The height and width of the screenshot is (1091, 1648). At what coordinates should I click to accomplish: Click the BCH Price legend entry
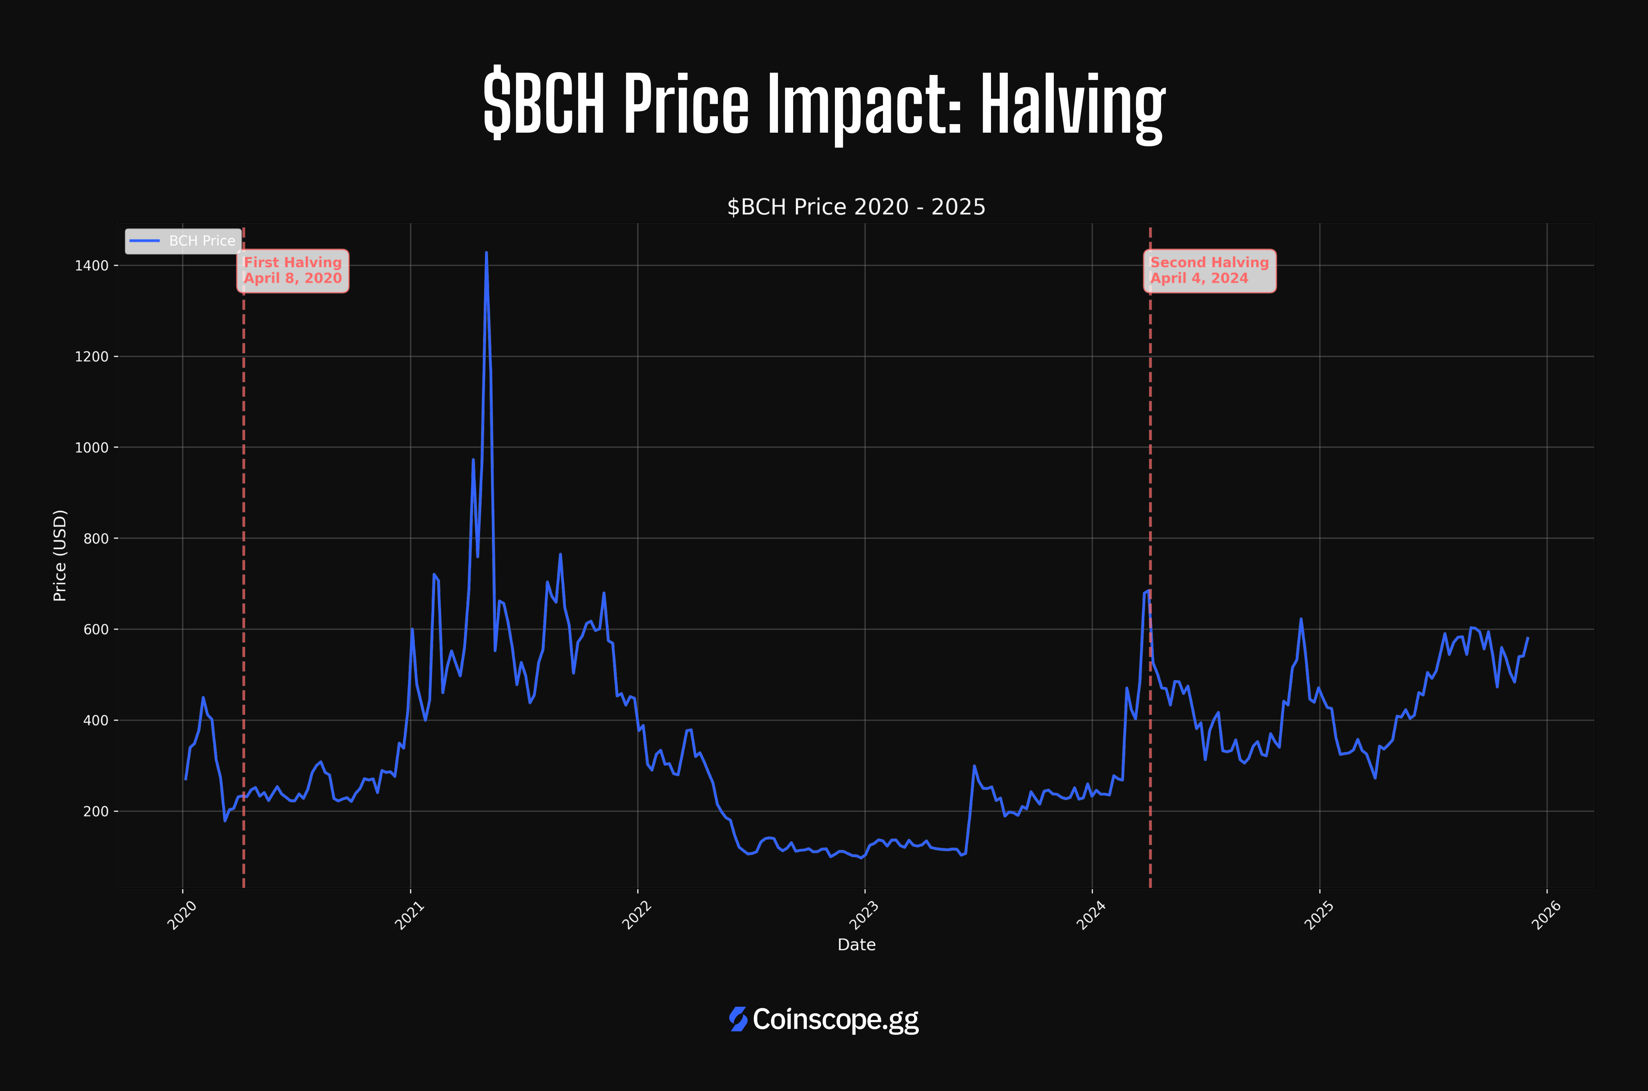(183, 241)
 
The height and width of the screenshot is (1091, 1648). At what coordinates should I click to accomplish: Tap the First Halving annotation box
(293, 271)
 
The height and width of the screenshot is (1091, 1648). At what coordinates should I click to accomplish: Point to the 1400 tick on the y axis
(92, 266)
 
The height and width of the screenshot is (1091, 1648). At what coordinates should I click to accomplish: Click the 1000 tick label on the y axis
(92, 448)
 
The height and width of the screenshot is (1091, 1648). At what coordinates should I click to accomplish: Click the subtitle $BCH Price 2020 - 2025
(856, 207)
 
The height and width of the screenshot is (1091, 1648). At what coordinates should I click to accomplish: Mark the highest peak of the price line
(486, 253)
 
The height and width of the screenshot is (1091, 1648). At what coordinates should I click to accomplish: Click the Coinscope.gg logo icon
(738, 1019)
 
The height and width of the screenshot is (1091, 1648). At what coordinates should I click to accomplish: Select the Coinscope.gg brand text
(835, 1019)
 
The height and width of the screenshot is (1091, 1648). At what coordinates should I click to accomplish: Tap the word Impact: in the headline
(865, 104)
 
